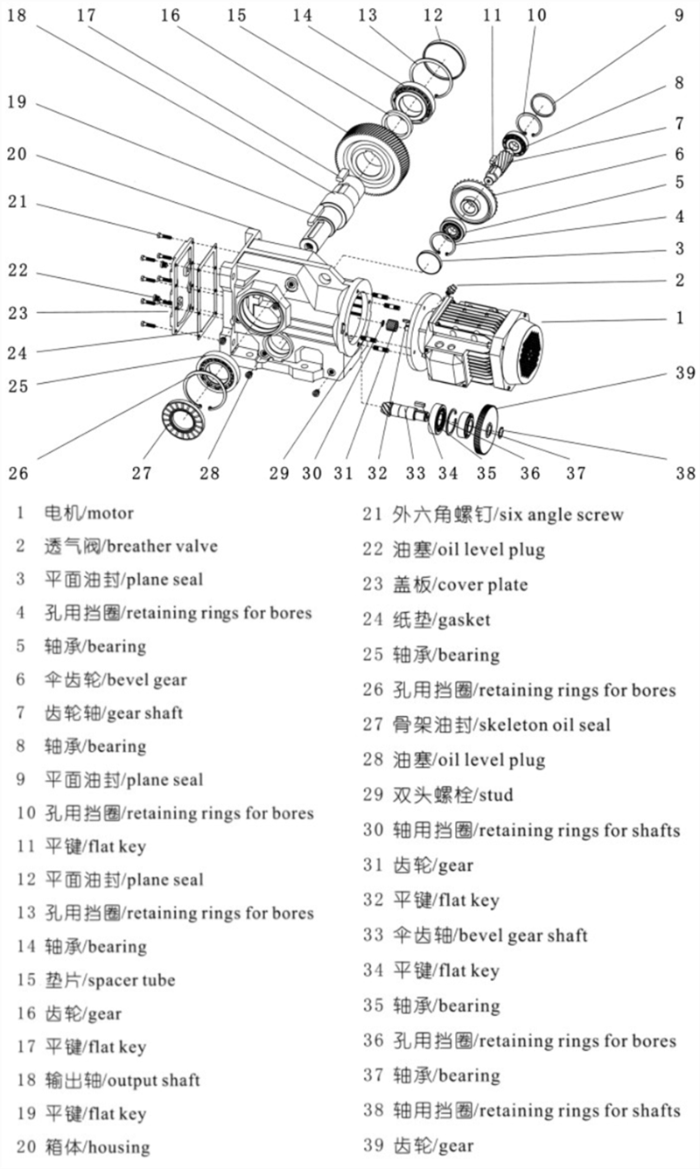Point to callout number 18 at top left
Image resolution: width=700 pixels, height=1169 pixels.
[17, 15]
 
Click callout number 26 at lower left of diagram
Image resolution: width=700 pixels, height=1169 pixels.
[17, 473]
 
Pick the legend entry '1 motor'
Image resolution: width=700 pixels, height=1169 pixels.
[87, 512]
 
